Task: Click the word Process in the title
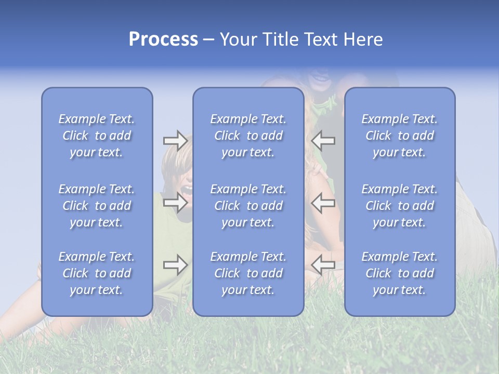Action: pyautogui.click(x=163, y=39)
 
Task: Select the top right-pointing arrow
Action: pyautogui.click(x=175, y=140)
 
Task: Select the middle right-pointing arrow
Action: pyautogui.click(x=175, y=202)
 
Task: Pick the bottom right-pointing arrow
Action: pyautogui.click(x=175, y=265)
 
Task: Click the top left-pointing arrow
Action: pyautogui.click(x=323, y=140)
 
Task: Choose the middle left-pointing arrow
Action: pyautogui.click(x=323, y=202)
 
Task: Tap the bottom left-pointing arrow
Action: pyautogui.click(x=323, y=265)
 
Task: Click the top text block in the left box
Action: pyautogui.click(x=97, y=136)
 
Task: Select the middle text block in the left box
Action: pyautogui.click(x=97, y=206)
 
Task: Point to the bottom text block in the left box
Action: pyautogui.click(x=97, y=273)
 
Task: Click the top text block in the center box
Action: pyautogui.click(x=248, y=136)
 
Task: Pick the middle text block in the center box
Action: pyautogui.click(x=248, y=206)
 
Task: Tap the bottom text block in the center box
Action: pyautogui.click(x=248, y=273)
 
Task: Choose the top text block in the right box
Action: pyautogui.click(x=399, y=136)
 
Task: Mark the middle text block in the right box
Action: pyautogui.click(x=399, y=206)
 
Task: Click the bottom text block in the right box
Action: pyautogui.click(x=399, y=273)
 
